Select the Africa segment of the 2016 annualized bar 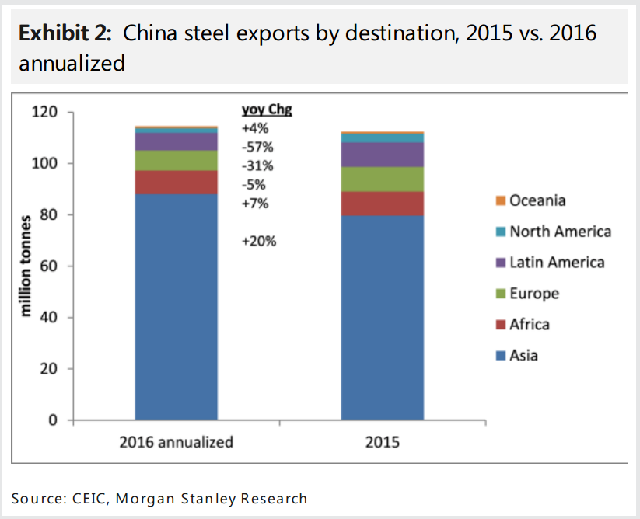point(176,182)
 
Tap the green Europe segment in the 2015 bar point(382,179)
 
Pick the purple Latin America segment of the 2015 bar point(382,155)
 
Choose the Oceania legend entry point(537,200)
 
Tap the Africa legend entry point(529,325)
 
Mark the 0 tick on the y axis point(53,420)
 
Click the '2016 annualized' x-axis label point(176,442)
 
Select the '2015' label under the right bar point(382,442)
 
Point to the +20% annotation point(258,241)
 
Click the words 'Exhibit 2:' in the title point(66,34)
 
